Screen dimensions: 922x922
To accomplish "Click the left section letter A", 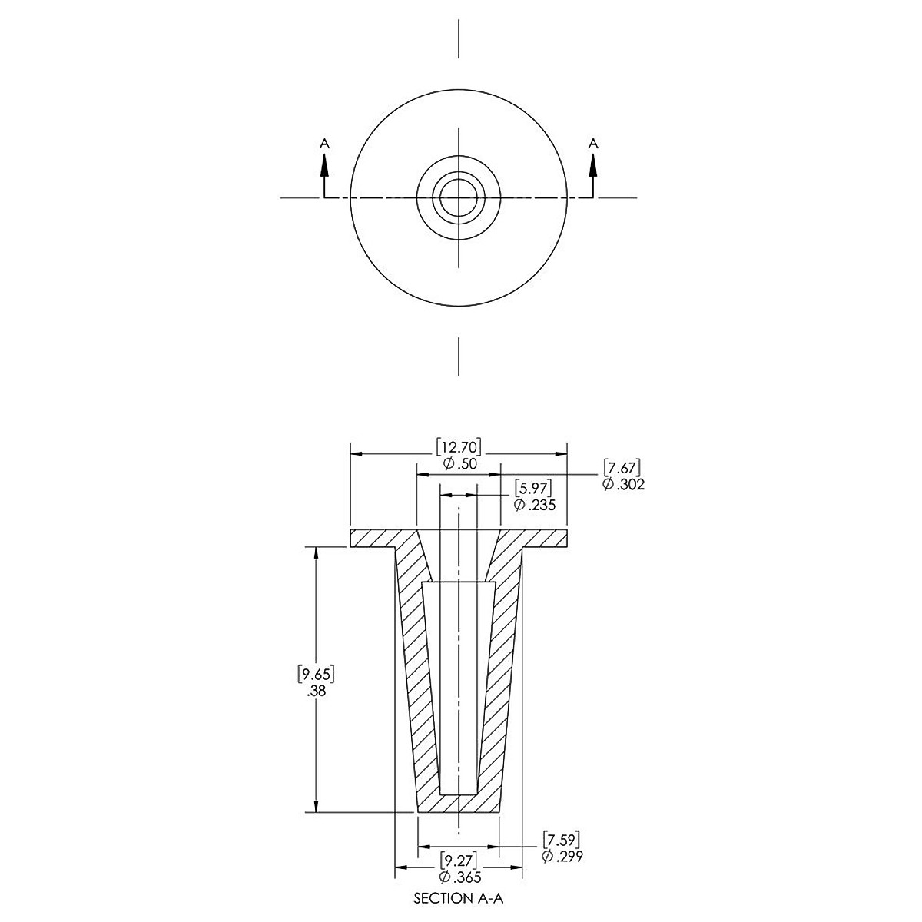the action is coord(325,143).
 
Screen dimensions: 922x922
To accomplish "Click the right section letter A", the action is coord(593,143).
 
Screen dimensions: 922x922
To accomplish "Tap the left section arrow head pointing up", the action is coord(325,167).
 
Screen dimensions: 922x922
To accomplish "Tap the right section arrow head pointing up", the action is coord(593,167).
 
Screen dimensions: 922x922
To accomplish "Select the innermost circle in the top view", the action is coord(459,179).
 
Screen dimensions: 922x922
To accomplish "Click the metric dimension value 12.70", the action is coord(459,447).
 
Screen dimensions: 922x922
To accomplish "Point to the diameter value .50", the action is coord(459,463).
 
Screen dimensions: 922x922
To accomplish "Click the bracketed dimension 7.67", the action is coord(622,468).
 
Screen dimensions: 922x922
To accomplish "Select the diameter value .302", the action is coord(623,484).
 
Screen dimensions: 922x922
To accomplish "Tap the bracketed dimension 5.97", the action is coord(533,489).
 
